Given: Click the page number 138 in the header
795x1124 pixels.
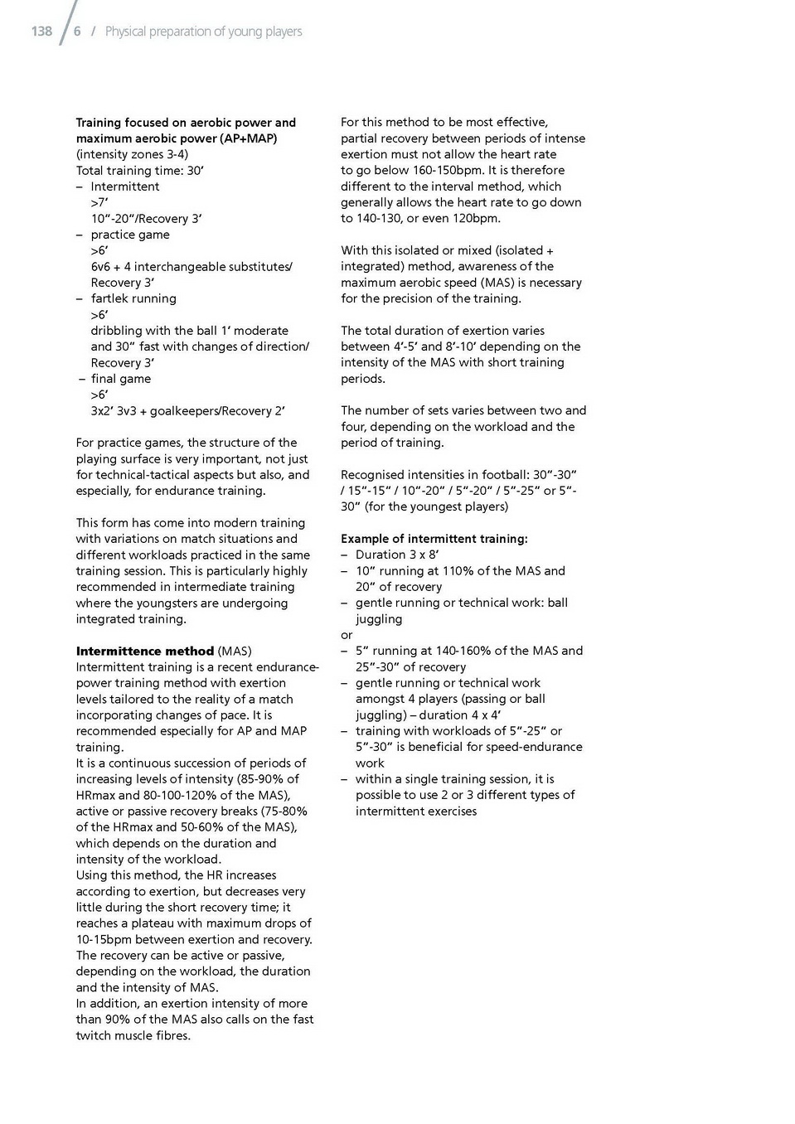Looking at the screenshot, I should coord(41,31).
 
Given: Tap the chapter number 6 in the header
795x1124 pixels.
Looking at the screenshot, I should coord(77,31).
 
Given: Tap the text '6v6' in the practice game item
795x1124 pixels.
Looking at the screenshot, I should coord(101,267).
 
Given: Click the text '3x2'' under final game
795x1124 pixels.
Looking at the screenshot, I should coord(102,411).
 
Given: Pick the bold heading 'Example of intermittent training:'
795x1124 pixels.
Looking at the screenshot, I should coord(434,539).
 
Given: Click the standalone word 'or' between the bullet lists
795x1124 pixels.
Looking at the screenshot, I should coord(347,635).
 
